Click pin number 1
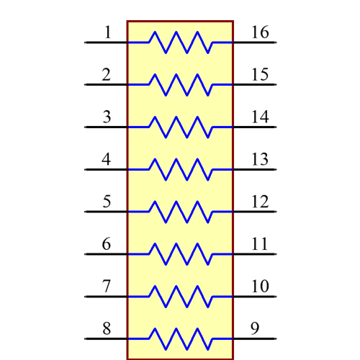(107, 32)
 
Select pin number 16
(261, 32)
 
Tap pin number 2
(107, 75)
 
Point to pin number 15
(260, 75)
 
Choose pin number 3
(107, 117)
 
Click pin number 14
(260, 117)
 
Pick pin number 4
(107, 159)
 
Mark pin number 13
(260, 159)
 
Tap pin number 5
(107, 202)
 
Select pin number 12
(260, 202)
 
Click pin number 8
(107, 329)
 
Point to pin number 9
(255, 329)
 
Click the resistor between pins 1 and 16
(181, 42)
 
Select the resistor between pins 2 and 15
(181, 85)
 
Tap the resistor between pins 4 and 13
(181, 169)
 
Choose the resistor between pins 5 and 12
(181, 212)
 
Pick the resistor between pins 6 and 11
(181, 254)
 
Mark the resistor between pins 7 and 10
(181, 296)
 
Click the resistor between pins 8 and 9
(181, 338)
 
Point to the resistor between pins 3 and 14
(181, 127)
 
